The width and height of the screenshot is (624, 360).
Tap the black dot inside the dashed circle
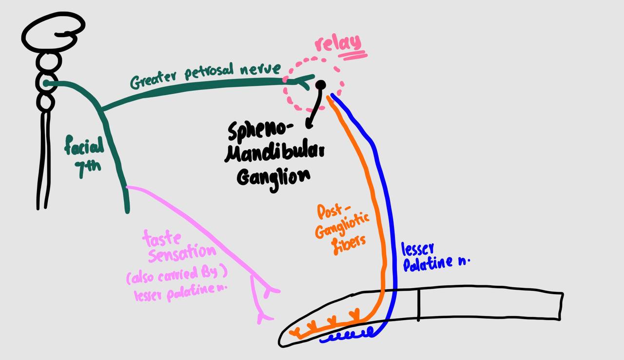pos(320,85)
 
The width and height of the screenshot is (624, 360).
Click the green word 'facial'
pos(84,145)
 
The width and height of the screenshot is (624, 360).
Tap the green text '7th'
pos(88,166)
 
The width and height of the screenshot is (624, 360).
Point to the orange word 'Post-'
pos(331,212)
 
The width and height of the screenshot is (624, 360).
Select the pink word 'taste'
pos(162,239)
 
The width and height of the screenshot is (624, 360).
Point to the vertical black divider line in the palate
pos(418,304)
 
